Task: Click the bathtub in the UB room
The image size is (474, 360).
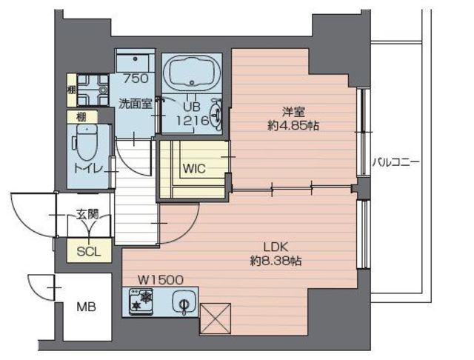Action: pyautogui.click(x=192, y=73)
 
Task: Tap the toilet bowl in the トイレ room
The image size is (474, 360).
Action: pyautogui.click(x=87, y=142)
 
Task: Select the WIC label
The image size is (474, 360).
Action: pyautogui.click(x=194, y=168)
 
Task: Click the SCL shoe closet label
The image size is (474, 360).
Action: pyautogui.click(x=89, y=251)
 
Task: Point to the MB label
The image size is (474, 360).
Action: pyautogui.click(x=86, y=307)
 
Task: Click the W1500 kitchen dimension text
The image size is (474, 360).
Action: pyautogui.click(x=161, y=280)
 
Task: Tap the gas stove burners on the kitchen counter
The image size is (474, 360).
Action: pyautogui.click(x=141, y=301)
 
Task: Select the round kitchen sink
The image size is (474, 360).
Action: pyautogui.click(x=183, y=301)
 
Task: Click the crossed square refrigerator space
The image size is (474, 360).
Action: pyautogui.click(x=216, y=319)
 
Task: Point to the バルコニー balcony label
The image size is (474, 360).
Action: pyautogui.click(x=395, y=162)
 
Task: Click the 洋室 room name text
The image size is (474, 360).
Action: pyautogui.click(x=293, y=112)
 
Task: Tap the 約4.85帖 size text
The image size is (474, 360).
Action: pyautogui.click(x=293, y=125)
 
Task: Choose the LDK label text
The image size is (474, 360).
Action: pyautogui.click(x=276, y=247)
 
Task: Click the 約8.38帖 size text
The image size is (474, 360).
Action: pyautogui.click(x=276, y=260)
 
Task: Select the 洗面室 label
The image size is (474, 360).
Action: pyautogui.click(x=135, y=104)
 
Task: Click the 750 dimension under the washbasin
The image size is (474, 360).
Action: pyautogui.click(x=136, y=79)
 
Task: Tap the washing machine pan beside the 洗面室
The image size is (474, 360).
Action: pyautogui.click(x=93, y=90)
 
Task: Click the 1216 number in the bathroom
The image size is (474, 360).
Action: pyautogui.click(x=193, y=121)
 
